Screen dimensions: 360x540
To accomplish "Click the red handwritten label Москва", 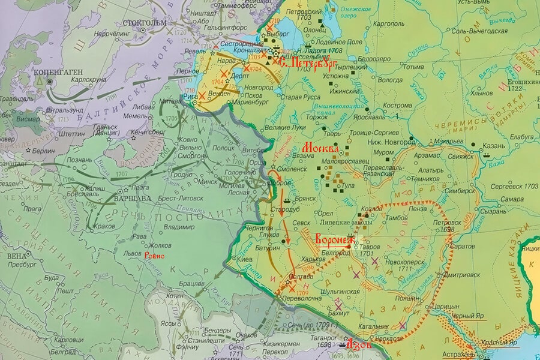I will pos(321,148).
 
